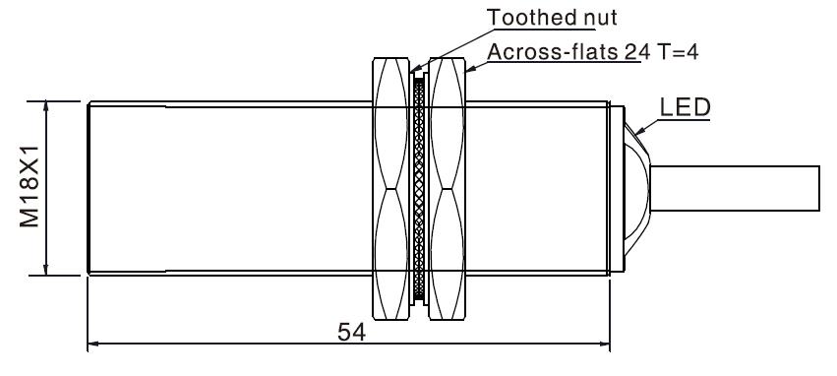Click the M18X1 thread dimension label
[x=30, y=186]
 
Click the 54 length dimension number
[x=352, y=333]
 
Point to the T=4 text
[x=678, y=52]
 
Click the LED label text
[x=686, y=107]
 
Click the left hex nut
[x=391, y=189]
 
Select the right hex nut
[x=448, y=189]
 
